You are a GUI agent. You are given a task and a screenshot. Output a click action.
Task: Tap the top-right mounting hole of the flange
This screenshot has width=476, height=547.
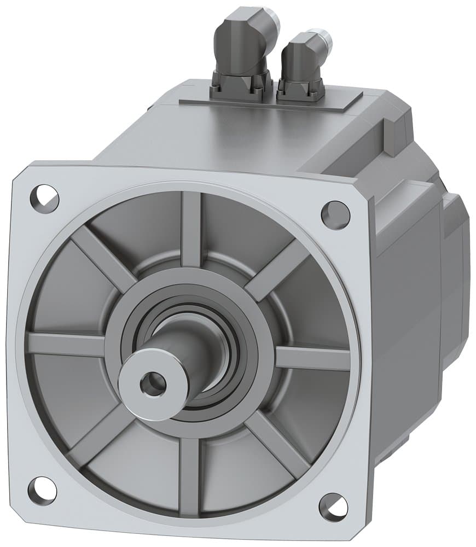(x=335, y=215)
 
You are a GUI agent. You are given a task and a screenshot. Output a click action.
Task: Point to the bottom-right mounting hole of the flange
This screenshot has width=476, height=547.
(x=333, y=507)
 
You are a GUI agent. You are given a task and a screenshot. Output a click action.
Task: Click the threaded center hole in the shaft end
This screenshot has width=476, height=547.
(x=152, y=385)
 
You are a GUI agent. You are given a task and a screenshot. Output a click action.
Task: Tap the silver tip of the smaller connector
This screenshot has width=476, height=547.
(x=326, y=39)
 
